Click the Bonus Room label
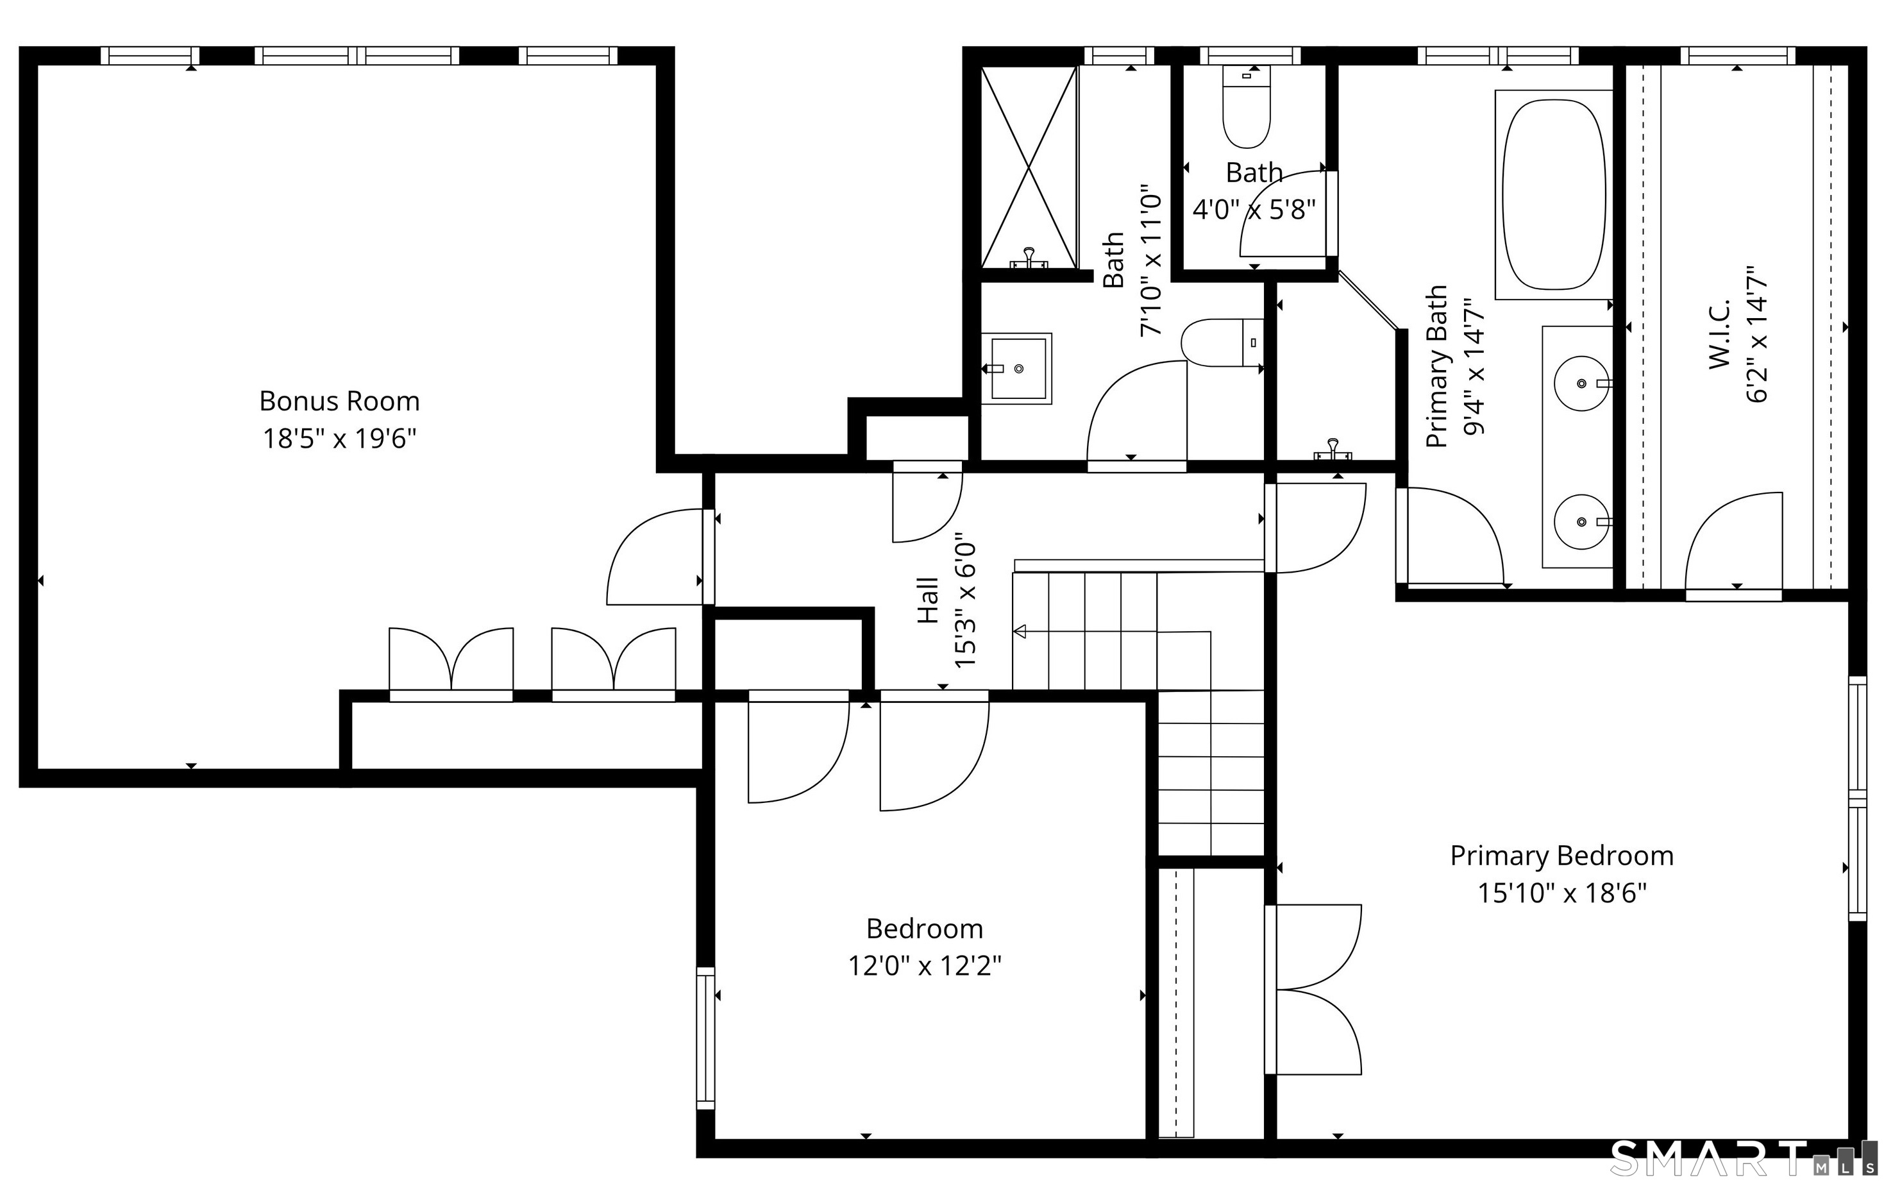coord(340,401)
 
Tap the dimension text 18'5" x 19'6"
coord(340,439)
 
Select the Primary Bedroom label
coord(1561,857)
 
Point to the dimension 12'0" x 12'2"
coord(925,965)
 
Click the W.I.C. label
coord(1720,334)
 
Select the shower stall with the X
coord(1028,167)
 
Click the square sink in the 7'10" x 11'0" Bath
coord(1019,369)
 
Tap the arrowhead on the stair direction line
coord(1020,631)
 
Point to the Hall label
coord(929,602)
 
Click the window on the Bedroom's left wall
coord(706,1038)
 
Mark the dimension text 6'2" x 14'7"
coord(1757,334)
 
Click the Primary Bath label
coord(1436,366)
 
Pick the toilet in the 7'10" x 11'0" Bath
coord(1222,342)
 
